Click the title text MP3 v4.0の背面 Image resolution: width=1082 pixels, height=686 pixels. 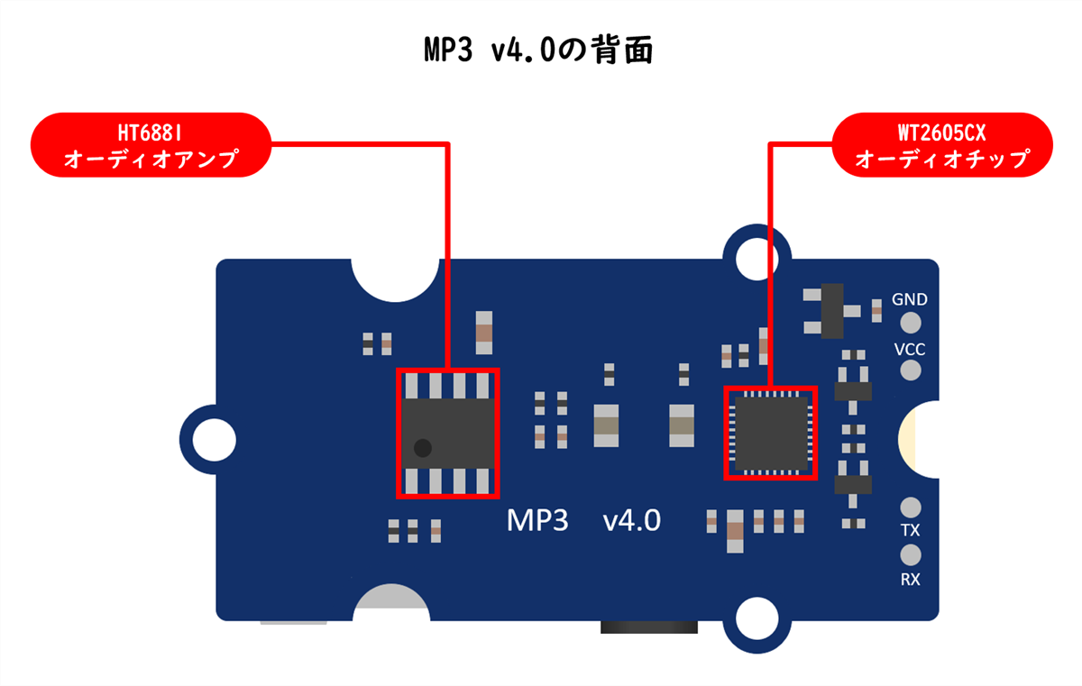[538, 50]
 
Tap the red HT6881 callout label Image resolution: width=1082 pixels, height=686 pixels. [151, 144]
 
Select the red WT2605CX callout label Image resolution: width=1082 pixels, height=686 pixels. [942, 144]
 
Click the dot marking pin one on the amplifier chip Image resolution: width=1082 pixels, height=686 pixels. [421, 447]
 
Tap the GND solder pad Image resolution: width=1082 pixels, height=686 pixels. [911, 322]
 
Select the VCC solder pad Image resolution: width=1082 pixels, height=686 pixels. [911, 370]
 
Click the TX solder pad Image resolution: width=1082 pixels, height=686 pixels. [911, 507]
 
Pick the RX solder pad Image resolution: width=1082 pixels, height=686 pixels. [911, 553]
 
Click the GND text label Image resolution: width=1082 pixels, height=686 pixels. [909, 299]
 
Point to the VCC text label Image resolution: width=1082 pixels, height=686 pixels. [909, 349]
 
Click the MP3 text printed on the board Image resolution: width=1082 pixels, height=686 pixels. [536, 520]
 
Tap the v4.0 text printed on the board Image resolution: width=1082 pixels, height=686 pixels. [631, 520]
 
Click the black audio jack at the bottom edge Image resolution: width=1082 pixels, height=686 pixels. [648, 627]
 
